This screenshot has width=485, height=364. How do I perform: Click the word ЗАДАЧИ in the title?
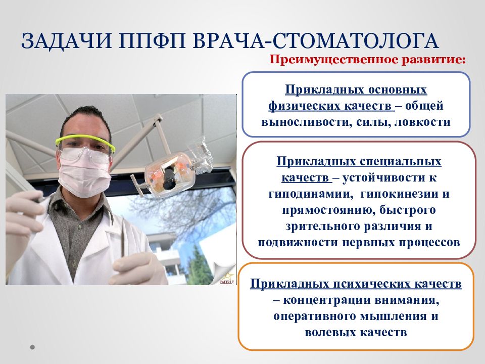coord(67,40)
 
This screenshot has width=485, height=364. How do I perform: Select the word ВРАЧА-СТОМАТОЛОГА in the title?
coord(315,40)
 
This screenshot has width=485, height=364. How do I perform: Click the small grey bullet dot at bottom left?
coord(32,347)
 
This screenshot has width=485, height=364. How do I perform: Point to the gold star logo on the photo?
coord(228,276)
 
